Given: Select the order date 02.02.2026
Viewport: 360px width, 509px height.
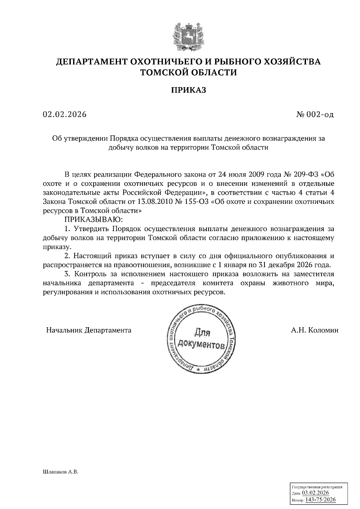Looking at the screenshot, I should point(64,114).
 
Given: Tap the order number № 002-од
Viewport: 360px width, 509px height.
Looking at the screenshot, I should point(315,115).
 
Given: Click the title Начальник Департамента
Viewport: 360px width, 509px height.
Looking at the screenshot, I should point(88,330).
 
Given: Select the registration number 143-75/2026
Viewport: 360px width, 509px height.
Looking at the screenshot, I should point(320,499).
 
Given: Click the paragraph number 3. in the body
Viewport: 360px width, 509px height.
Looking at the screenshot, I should point(67,274).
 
